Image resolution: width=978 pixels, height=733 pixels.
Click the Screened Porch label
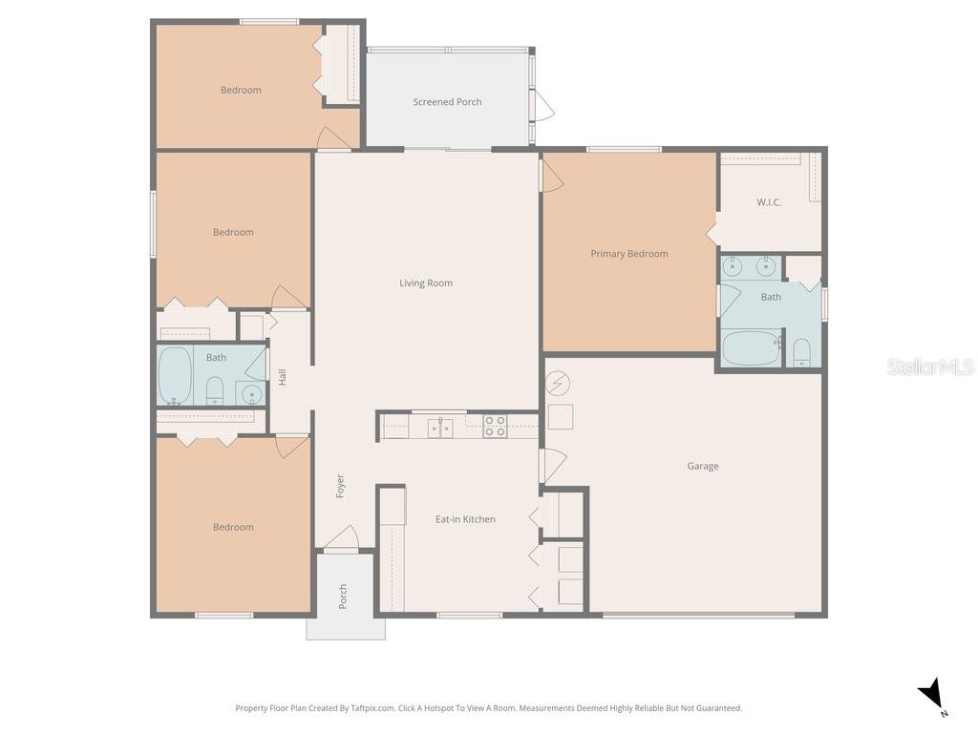(447, 102)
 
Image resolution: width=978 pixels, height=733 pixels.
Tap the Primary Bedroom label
(628, 254)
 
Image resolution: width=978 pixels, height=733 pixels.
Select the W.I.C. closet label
(769, 202)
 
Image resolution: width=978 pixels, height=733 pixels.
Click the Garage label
(703, 466)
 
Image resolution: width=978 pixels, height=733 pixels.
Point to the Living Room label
(426, 283)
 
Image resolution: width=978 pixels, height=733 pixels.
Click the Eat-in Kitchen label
(465, 519)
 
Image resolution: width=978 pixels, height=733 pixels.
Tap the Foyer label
(340, 486)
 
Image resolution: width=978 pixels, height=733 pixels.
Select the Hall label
(283, 377)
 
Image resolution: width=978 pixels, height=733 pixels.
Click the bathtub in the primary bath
(751, 347)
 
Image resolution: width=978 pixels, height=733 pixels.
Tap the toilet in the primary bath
(801, 353)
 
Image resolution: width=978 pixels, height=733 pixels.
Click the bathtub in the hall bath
(175, 375)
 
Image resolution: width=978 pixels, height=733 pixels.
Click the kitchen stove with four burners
(495, 426)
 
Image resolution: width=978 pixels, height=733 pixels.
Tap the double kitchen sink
(440, 427)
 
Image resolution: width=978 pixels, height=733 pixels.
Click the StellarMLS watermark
(929, 366)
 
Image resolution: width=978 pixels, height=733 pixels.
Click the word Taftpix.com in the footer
(372, 708)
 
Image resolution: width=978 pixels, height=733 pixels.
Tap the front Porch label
(343, 597)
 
